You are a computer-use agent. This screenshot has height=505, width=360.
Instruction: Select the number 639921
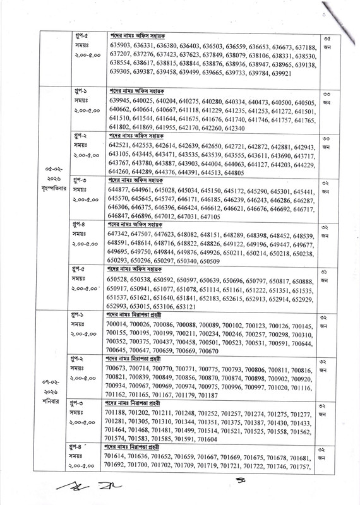pyautogui.click(x=278, y=73)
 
